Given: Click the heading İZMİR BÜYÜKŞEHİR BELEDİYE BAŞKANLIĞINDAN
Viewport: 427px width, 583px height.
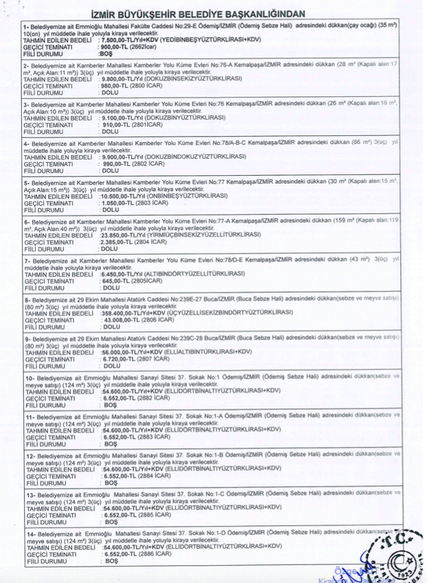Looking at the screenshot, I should (x=213, y=13).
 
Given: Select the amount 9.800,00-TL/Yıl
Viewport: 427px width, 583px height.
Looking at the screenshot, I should (x=124, y=78).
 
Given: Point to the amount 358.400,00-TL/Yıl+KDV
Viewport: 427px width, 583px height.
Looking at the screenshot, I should (x=132, y=313).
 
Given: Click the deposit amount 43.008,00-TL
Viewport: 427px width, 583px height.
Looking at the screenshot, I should (x=121, y=320).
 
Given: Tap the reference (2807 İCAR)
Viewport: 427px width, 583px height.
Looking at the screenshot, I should (x=160, y=359).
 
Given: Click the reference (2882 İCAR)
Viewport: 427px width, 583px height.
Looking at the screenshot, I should (x=160, y=398).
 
